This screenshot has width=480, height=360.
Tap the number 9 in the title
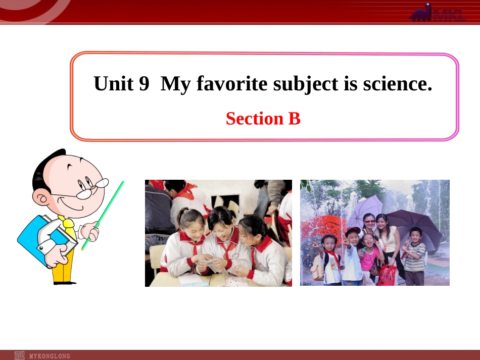144,83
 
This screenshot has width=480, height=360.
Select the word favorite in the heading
224,83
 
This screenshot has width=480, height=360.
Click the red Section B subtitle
263,119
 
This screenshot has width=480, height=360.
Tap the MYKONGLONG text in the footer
50,356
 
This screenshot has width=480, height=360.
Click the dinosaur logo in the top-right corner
437,13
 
